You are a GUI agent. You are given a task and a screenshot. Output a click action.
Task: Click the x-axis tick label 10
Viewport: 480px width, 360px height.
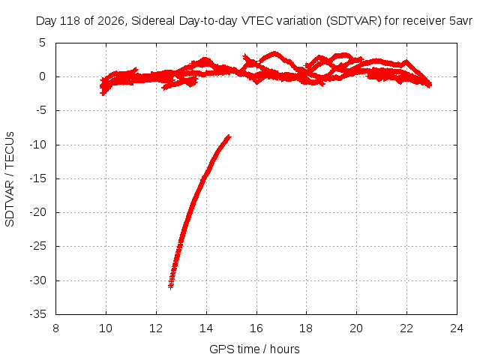point(106,328)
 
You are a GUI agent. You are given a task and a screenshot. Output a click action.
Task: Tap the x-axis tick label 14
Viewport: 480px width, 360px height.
point(206,328)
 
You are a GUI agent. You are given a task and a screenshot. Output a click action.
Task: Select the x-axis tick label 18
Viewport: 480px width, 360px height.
point(306,328)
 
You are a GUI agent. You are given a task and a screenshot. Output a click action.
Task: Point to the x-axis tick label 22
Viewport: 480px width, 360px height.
point(406,328)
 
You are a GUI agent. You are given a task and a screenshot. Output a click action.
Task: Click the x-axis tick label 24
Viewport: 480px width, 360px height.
point(457,328)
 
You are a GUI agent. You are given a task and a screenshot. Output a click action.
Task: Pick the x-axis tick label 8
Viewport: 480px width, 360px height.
point(55,328)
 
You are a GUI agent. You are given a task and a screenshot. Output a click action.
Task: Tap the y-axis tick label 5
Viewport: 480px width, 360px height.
point(42,43)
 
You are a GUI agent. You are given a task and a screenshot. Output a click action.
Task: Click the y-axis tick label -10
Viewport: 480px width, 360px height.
point(37,145)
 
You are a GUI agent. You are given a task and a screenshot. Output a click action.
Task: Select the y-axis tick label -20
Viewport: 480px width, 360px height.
point(37,212)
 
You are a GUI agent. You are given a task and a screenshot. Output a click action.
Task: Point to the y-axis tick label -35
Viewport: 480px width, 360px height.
point(37,314)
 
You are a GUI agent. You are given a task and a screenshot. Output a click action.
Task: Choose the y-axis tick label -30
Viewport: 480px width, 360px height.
point(37,280)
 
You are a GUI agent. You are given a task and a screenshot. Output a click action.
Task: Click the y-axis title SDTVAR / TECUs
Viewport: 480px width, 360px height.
point(10,179)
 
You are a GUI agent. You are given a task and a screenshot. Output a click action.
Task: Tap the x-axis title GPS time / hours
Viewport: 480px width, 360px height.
point(254,349)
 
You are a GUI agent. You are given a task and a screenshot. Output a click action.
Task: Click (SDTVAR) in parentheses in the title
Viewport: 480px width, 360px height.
point(354,21)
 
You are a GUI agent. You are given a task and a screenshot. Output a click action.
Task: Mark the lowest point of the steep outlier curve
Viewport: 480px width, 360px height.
point(170,287)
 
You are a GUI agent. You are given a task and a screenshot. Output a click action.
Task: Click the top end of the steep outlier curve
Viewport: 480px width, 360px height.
point(228,136)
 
